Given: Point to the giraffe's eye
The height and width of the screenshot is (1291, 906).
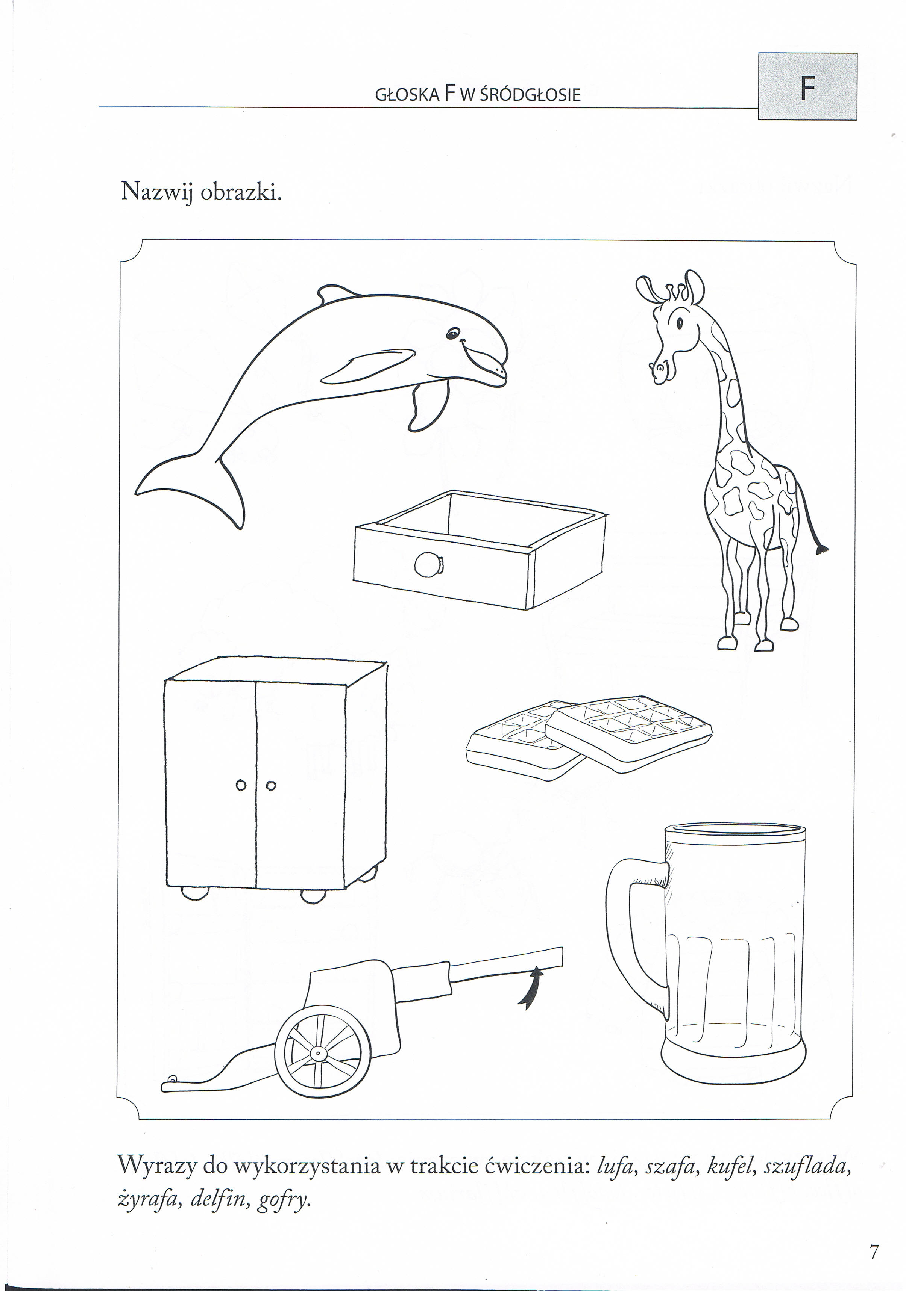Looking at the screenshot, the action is tap(679, 323).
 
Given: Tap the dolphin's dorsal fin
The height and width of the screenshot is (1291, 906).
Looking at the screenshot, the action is tap(335, 293).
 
